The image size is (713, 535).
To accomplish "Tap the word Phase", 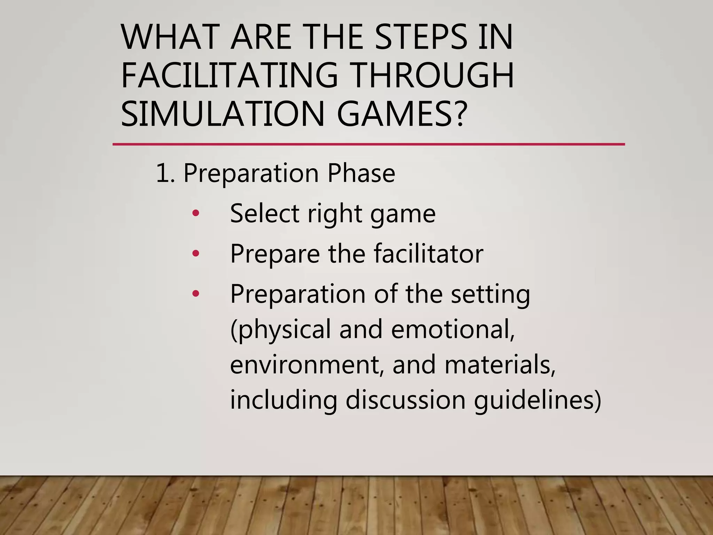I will click(361, 173).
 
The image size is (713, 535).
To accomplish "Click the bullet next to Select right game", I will click(196, 213).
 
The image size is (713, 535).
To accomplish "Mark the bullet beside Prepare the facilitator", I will click(196, 253).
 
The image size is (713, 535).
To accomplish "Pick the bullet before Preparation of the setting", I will click(196, 294).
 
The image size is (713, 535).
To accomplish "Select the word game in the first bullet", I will click(403, 214).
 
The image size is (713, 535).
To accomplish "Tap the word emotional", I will click(453, 329).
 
